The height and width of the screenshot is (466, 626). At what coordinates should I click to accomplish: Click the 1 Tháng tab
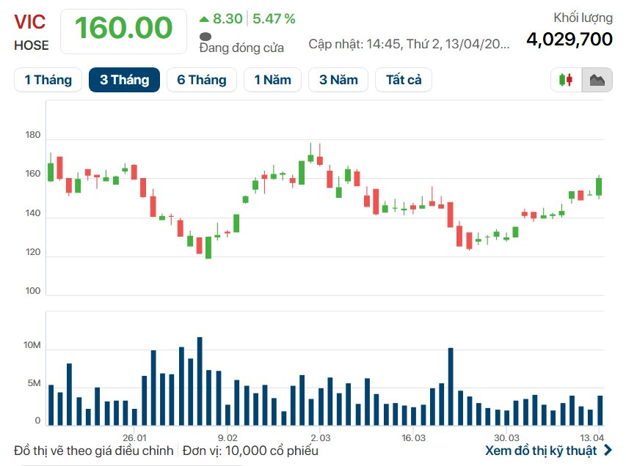click(48, 80)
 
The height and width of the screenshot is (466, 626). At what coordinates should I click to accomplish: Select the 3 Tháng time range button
click(124, 80)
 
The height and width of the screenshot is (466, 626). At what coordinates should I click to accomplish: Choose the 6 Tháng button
click(201, 80)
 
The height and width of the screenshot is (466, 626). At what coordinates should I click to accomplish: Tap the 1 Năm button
click(272, 80)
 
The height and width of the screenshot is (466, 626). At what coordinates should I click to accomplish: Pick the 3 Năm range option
click(338, 80)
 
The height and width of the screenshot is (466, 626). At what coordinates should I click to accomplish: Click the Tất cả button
click(404, 80)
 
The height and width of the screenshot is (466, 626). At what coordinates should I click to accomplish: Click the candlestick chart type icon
click(566, 80)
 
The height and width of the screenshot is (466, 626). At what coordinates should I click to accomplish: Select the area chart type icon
click(597, 80)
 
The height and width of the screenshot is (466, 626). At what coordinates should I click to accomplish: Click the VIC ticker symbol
click(29, 21)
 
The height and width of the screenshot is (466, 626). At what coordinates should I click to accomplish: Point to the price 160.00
click(123, 29)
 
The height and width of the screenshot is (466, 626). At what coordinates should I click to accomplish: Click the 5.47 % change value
click(274, 18)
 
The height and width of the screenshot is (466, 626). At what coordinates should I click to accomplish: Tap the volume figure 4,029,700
click(569, 39)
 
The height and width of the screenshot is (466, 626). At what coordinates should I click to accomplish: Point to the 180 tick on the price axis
click(32, 136)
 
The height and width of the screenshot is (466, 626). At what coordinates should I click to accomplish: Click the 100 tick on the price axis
click(32, 291)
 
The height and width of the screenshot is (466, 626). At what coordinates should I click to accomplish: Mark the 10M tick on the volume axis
click(32, 345)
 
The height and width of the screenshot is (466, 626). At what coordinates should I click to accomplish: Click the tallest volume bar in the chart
click(199, 381)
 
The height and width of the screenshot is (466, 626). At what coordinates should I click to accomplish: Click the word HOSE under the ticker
click(32, 45)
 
